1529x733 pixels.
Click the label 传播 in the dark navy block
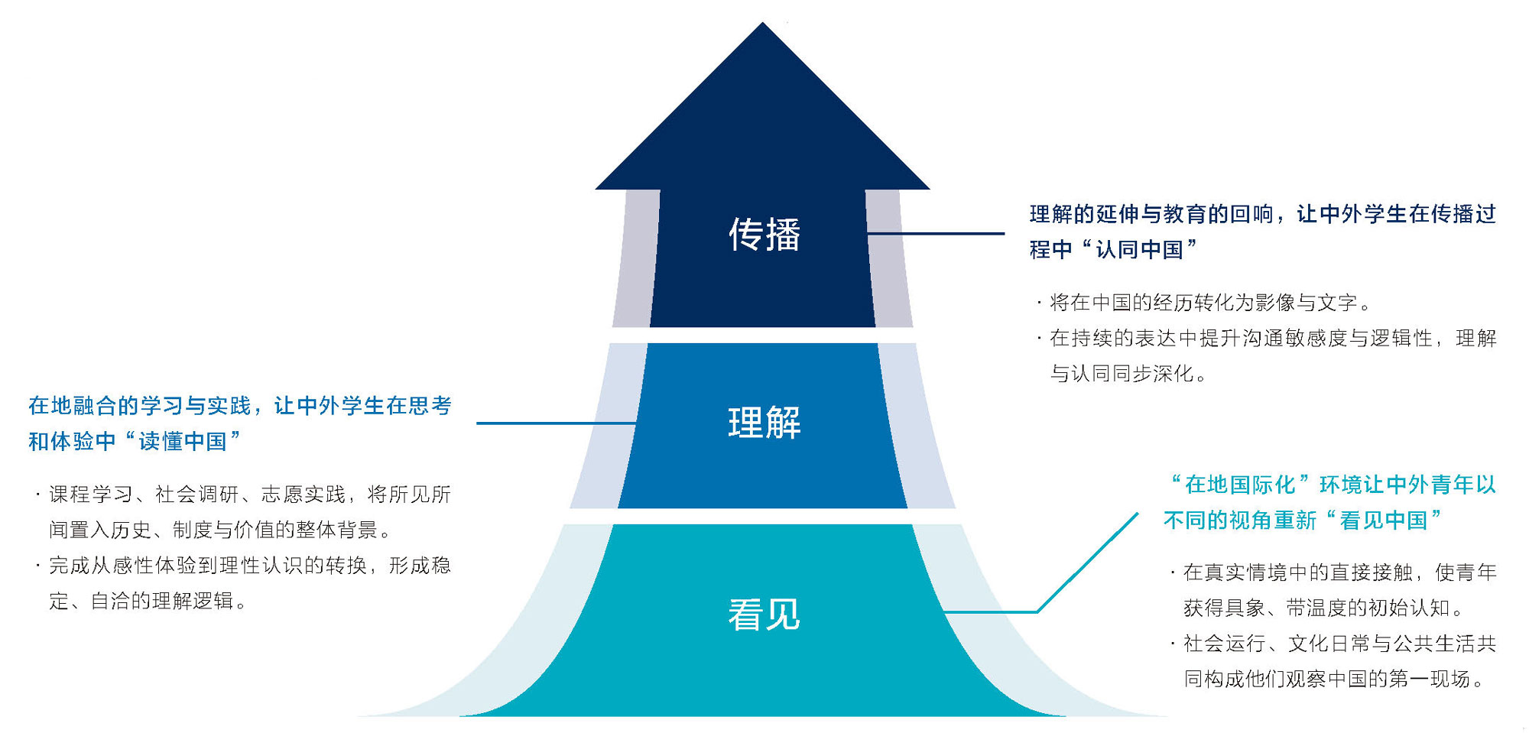pyautogui.click(x=764, y=234)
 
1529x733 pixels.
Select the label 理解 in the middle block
pyautogui.click(x=764, y=423)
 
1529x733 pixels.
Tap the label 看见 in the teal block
pyautogui.click(x=764, y=615)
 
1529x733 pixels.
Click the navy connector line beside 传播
pyautogui.click(x=937, y=233)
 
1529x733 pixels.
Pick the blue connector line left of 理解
pyautogui.click(x=556, y=423)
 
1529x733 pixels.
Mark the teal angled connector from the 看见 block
pyautogui.click(x=1086, y=564)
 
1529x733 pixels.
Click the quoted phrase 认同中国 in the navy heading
pyautogui.click(x=1139, y=250)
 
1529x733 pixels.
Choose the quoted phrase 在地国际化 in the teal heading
pyautogui.click(x=1240, y=485)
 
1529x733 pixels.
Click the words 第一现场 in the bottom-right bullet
pyautogui.click(x=1439, y=679)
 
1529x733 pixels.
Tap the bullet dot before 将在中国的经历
pyautogui.click(x=1039, y=303)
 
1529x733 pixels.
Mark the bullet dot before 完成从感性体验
pyautogui.click(x=37, y=566)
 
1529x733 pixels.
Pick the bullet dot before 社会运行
pyautogui.click(x=1172, y=644)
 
